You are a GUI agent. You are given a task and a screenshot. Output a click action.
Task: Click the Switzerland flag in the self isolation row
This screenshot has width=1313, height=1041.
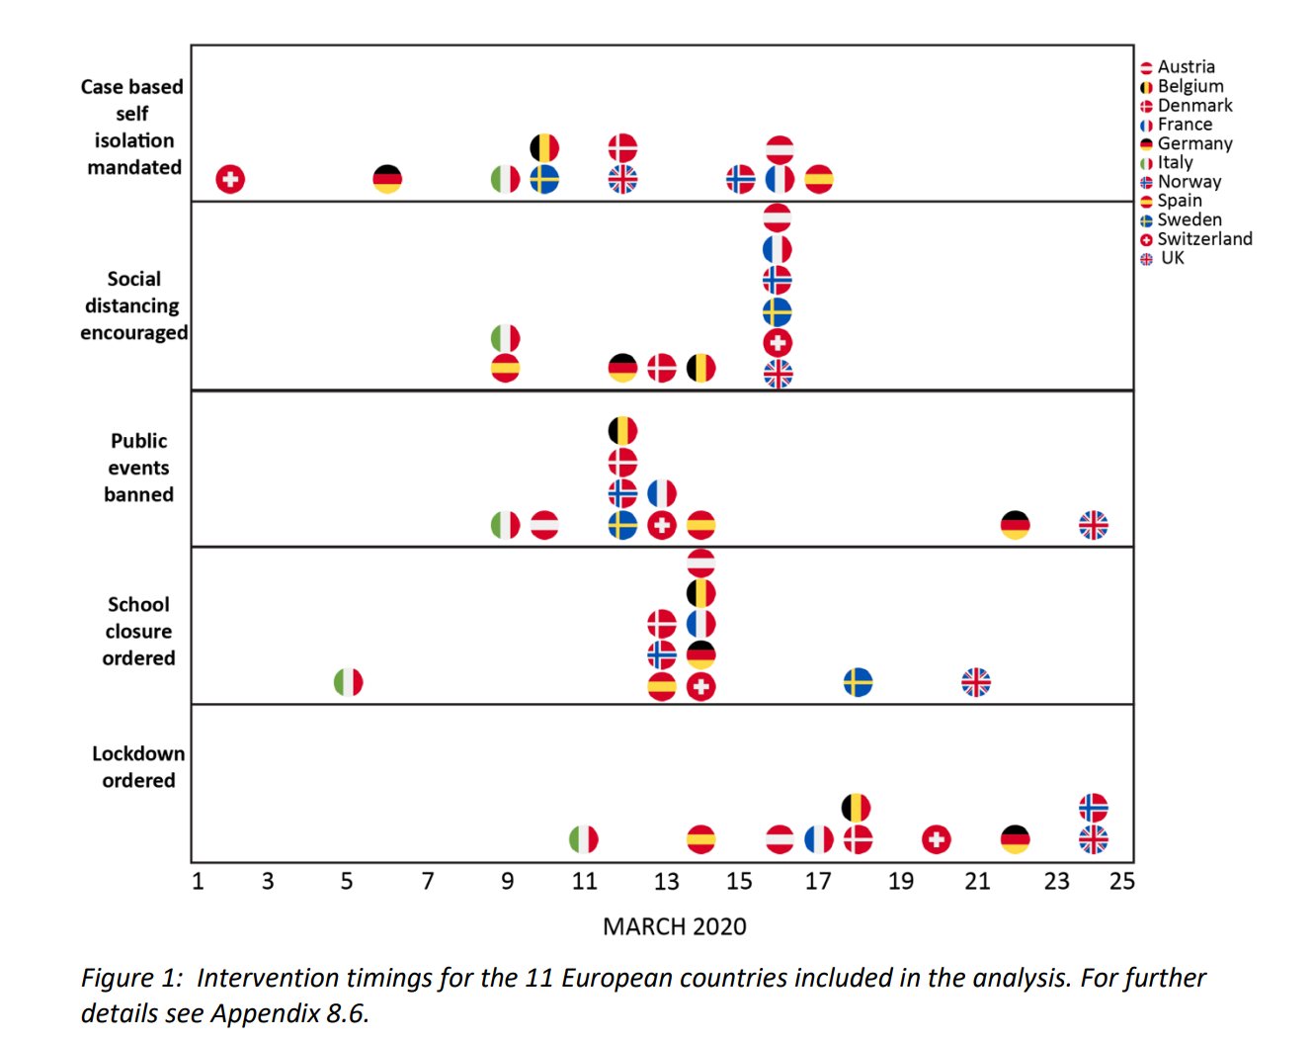(x=230, y=179)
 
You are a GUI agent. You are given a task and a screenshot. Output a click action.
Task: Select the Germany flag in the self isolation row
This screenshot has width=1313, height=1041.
(x=387, y=179)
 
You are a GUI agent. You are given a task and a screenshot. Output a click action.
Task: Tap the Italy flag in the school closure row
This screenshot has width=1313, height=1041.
(x=348, y=682)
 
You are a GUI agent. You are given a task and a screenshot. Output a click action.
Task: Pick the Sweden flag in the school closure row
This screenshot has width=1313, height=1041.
(x=858, y=682)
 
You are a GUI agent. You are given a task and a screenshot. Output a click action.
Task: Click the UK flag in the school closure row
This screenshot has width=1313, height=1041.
(x=976, y=682)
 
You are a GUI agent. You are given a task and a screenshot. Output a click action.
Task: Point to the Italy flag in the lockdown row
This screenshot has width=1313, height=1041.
(x=584, y=839)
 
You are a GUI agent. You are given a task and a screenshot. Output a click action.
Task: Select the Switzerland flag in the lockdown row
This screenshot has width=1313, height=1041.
(x=937, y=839)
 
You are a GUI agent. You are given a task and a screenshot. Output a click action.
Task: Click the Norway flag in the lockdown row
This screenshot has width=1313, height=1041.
(x=1093, y=808)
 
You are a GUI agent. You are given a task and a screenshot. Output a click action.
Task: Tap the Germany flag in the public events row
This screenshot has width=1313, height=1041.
(x=1015, y=525)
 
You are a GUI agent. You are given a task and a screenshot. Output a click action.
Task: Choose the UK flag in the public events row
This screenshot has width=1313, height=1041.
(x=1093, y=525)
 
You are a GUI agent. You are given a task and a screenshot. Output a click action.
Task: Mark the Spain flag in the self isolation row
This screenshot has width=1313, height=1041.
(x=819, y=179)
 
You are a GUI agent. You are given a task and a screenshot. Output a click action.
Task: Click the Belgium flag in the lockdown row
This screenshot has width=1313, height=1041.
(x=857, y=808)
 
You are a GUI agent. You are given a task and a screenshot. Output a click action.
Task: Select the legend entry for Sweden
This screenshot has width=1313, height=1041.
(x=1190, y=219)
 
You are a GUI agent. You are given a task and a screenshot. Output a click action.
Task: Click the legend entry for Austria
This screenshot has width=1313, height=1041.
(x=1186, y=67)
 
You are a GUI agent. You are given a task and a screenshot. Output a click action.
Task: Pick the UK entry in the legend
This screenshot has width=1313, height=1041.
(x=1172, y=258)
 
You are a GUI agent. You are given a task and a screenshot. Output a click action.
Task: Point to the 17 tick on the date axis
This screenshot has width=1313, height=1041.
(x=818, y=881)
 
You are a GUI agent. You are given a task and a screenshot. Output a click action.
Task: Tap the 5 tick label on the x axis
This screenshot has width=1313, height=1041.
(x=347, y=881)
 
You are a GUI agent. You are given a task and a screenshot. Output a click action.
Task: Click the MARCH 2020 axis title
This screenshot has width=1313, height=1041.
(x=675, y=926)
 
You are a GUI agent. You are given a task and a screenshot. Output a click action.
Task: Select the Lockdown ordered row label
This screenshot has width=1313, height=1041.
(x=138, y=767)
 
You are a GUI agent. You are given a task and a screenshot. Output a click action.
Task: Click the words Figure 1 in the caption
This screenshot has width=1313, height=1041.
(x=131, y=978)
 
